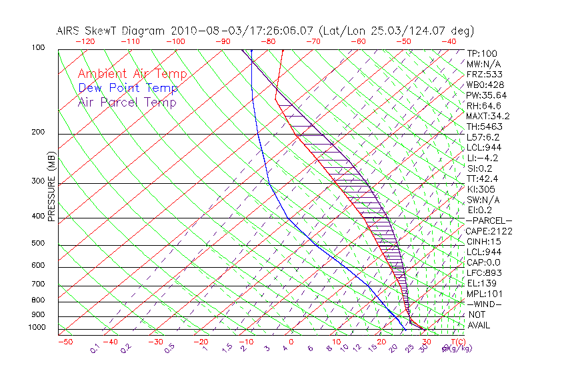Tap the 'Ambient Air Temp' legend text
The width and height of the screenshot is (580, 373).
click(x=133, y=74)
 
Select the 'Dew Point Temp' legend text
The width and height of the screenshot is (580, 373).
click(x=128, y=88)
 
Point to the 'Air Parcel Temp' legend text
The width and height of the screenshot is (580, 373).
click(x=127, y=102)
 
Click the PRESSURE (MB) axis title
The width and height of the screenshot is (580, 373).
click(x=51, y=186)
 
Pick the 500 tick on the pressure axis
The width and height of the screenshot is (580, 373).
click(x=37, y=244)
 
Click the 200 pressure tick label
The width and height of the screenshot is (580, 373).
click(x=37, y=133)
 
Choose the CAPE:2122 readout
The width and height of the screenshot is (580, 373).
click(x=489, y=231)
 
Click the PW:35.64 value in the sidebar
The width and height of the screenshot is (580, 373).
click(x=487, y=95)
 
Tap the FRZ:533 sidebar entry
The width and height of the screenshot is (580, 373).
click(x=483, y=75)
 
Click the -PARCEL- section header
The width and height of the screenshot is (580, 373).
click(x=489, y=220)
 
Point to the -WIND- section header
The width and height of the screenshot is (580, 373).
click(x=485, y=304)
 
